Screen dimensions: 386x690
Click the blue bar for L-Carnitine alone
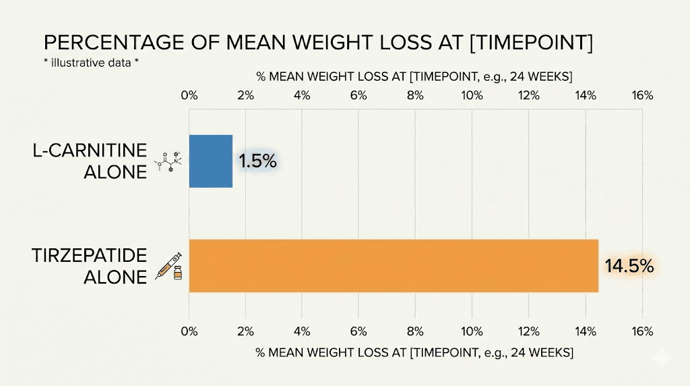(211, 161)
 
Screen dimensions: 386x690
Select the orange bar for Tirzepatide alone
(394, 265)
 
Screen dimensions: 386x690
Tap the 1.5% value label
(257, 161)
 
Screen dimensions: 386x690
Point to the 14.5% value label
(629, 266)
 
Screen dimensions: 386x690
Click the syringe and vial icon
(170, 266)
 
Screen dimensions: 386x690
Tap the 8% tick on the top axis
(415, 95)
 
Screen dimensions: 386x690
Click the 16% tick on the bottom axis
(642, 331)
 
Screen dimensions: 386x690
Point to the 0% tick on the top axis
(189, 95)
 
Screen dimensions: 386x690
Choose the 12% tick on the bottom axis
(529, 331)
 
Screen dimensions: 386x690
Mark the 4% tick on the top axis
(302, 95)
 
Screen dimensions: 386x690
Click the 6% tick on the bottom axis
(358, 331)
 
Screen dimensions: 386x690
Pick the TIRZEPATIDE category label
(90, 256)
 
